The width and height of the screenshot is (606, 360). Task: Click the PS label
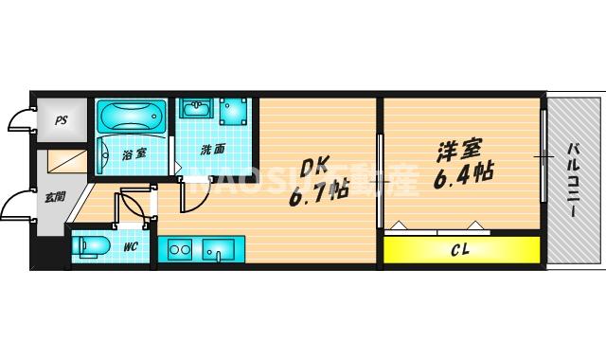pos(61,120)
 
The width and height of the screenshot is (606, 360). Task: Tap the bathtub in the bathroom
pos(132,118)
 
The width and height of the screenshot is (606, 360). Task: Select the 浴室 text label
pos(134,153)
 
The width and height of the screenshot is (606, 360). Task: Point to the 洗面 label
pos(212,150)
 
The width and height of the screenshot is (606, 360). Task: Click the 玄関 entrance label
pos(54,197)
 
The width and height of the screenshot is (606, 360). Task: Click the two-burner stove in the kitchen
pos(180,250)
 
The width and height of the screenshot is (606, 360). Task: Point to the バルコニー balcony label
pos(575,180)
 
